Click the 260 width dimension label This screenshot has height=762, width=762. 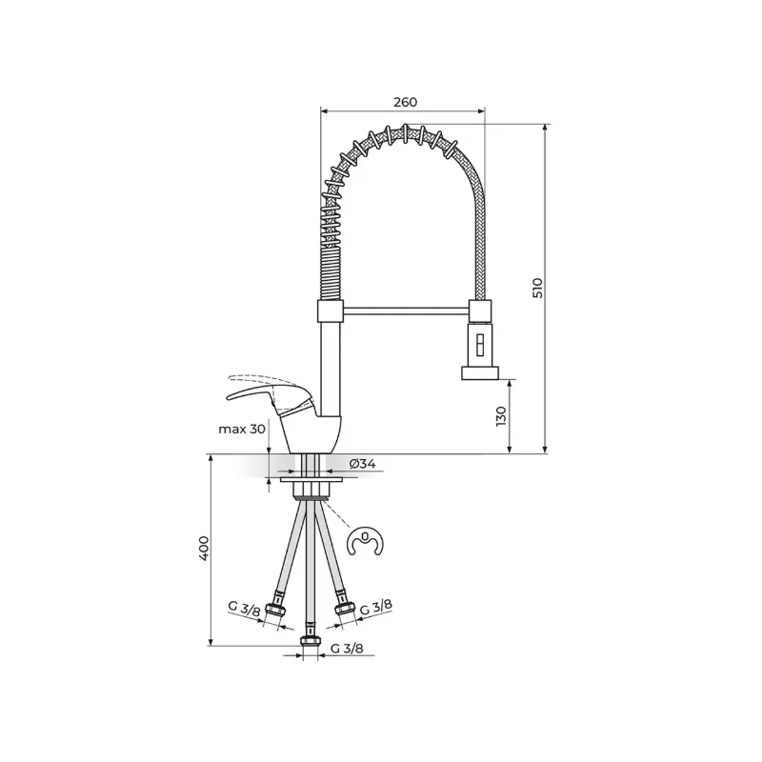(x=406, y=102)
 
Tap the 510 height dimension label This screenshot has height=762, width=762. (x=537, y=289)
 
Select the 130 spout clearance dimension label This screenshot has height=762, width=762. (x=501, y=416)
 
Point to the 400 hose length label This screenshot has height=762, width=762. (x=204, y=549)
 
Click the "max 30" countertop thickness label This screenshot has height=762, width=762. (x=242, y=430)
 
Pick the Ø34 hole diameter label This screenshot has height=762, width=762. (x=363, y=464)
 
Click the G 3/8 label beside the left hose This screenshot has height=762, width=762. (x=245, y=609)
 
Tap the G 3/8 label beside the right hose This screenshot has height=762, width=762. (x=375, y=607)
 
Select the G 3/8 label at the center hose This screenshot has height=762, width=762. (x=347, y=649)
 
